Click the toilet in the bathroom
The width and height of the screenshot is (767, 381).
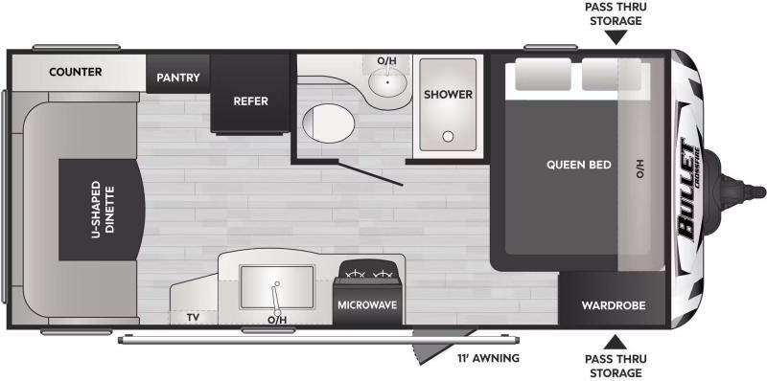328,123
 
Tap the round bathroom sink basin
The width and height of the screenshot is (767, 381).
388,81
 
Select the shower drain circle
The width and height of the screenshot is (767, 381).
448,136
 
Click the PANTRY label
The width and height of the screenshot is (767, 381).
178,78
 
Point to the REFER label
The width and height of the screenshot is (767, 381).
250,101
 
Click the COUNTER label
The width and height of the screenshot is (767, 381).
76,72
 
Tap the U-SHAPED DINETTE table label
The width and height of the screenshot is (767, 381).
102,210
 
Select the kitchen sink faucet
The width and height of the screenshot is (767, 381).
276,298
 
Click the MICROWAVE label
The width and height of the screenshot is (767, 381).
367,304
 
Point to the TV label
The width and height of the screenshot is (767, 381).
193,318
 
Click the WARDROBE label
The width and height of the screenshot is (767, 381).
614,305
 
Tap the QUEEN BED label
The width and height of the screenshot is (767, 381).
579,165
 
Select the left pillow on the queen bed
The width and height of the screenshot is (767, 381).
543,75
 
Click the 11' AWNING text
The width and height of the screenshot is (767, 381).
488,358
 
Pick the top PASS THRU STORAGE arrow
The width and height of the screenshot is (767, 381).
616,37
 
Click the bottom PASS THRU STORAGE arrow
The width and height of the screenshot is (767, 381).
616,342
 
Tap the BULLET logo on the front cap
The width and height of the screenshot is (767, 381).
688,191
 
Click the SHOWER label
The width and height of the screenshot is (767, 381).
448,94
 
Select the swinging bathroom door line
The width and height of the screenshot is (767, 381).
370,174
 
